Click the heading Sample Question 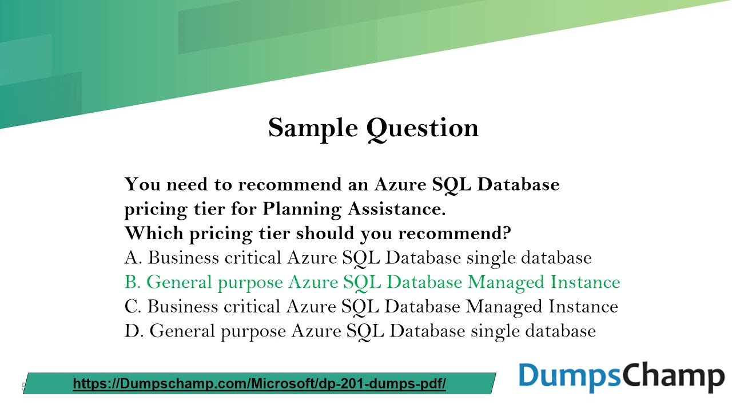pos(373,128)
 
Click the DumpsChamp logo pos(621,377)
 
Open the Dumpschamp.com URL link pos(259,383)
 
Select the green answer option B pos(372,282)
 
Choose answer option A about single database pos(358,258)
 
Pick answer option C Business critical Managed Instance pos(371,307)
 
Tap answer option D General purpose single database pos(360,331)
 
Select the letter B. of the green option pos(133,282)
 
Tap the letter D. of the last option pos(134,331)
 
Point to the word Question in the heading pos(423,128)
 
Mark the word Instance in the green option pos(585,282)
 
